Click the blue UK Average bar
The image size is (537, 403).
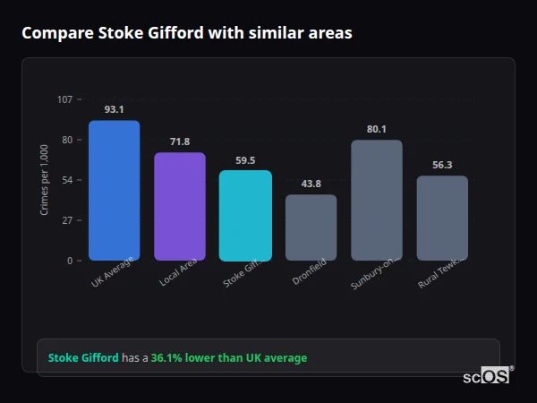114,190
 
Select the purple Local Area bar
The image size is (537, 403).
180,206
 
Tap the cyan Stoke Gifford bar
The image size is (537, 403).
245,215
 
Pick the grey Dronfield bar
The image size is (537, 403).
311,227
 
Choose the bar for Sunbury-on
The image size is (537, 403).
377,200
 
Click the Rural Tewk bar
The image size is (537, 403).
442,218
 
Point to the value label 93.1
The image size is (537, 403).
114,109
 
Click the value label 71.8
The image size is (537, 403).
180,141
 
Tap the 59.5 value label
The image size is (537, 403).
245,160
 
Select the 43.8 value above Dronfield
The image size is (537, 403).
311,184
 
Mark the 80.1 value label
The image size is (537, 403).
377,129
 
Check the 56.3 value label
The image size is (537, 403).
442,165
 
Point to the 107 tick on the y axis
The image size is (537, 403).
64,99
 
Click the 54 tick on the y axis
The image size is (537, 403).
67,180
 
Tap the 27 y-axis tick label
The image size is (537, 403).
67,220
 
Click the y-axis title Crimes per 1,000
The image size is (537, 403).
45,179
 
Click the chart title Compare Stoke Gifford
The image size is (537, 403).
186,33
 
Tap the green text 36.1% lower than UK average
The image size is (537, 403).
228,357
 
